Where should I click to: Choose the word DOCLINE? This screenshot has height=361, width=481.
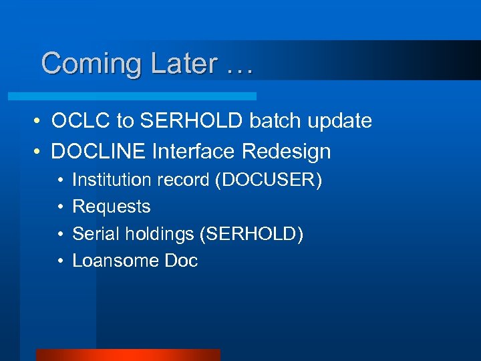[100, 152]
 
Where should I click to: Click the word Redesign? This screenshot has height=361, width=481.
[287, 152]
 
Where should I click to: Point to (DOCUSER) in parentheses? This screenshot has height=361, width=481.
[268, 180]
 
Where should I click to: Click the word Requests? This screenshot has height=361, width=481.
[112, 207]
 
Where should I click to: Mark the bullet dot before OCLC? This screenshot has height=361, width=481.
[39, 122]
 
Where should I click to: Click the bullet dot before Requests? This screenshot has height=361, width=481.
[60, 207]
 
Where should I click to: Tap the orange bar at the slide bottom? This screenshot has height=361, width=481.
[128, 354]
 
